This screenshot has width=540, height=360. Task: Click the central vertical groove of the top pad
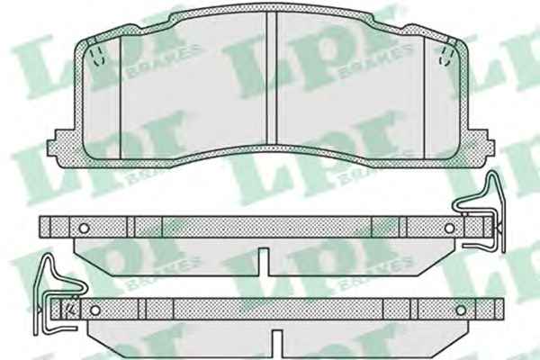[x=272, y=78]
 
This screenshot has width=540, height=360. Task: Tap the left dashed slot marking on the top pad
[x=97, y=57]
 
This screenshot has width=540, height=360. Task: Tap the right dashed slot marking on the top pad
[x=445, y=56]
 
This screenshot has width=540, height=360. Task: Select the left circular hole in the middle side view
[x=84, y=228]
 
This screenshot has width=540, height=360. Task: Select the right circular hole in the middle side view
[x=449, y=228]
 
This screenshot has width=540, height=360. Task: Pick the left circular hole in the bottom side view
[x=95, y=310]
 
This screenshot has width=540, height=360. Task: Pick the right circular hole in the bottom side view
[x=461, y=310]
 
